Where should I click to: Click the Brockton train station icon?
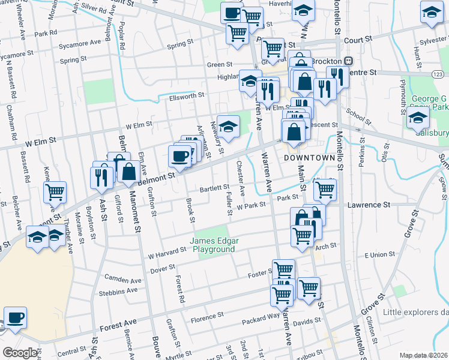348,61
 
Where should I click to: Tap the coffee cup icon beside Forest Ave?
15,317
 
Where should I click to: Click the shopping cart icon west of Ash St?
55,192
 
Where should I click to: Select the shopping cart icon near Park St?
325,190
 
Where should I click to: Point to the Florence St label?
207,314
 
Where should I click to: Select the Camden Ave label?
122,279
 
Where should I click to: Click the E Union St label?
381,256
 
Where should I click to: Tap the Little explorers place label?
415,311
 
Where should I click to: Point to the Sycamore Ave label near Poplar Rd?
80,43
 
